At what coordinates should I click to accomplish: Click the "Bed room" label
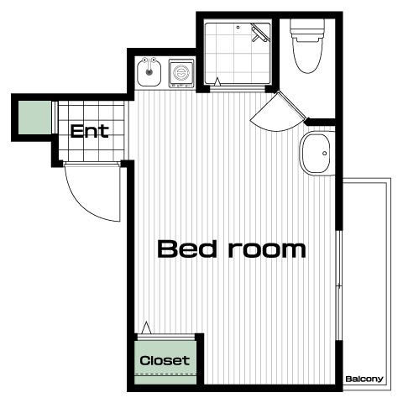(x=232, y=249)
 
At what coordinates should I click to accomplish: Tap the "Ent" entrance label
(x=89, y=131)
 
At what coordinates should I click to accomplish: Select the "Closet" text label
(x=165, y=360)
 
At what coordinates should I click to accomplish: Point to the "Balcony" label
(x=364, y=379)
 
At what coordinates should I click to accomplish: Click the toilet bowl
(x=307, y=56)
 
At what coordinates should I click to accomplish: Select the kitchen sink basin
(x=149, y=74)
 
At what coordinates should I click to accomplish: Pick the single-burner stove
(x=181, y=73)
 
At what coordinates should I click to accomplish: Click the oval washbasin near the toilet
(x=317, y=154)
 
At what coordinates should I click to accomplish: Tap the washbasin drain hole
(x=325, y=153)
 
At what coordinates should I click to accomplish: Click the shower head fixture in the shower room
(x=259, y=33)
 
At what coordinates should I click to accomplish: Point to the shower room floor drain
(x=238, y=27)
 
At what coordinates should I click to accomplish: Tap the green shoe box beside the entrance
(x=35, y=118)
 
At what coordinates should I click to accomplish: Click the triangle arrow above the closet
(x=146, y=327)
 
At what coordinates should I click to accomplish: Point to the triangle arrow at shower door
(x=217, y=81)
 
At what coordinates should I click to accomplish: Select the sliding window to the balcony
(x=339, y=285)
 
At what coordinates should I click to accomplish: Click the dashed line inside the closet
(x=165, y=374)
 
